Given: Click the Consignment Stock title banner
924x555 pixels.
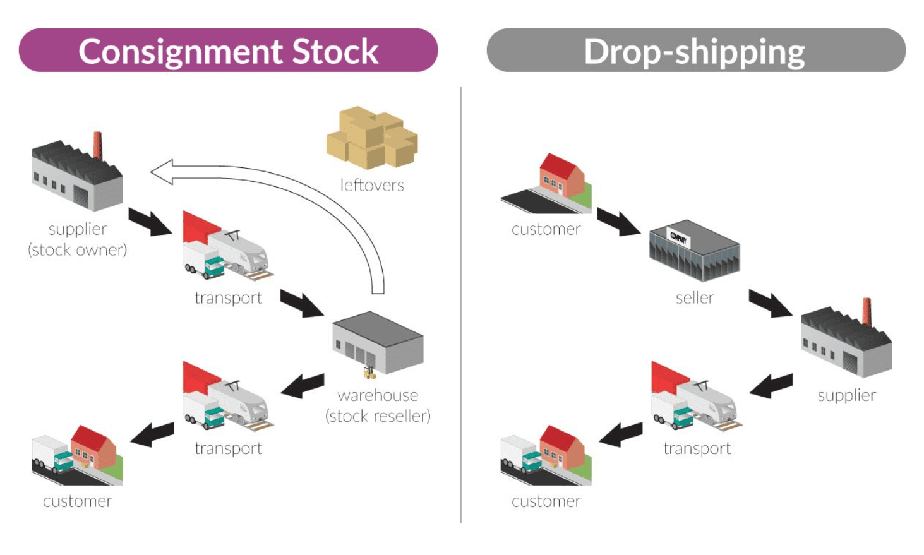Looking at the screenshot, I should (x=228, y=51).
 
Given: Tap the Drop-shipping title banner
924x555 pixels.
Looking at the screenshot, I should (x=695, y=51).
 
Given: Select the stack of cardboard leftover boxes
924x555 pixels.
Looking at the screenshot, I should (x=371, y=138).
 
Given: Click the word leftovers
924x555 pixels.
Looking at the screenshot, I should (x=372, y=185).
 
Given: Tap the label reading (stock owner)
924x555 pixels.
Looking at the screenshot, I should (x=77, y=250).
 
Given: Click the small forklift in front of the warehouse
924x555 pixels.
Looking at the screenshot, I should (x=369, y=373).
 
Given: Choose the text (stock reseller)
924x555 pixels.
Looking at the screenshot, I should (x=378, y=416).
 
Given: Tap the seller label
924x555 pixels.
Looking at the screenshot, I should (x=695, y=298).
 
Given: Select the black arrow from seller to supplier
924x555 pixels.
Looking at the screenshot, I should (x=770, y=304).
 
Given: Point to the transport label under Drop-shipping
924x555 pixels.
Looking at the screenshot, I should (x=697, y=448).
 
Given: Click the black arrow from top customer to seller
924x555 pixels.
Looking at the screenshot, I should (x=618, y=222).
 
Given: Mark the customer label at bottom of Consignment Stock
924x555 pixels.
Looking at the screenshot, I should (x=77, y=501).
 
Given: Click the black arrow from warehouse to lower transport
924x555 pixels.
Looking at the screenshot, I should (x=303, y=385).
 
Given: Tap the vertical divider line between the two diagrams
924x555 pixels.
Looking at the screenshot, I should (x=461, y=303).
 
